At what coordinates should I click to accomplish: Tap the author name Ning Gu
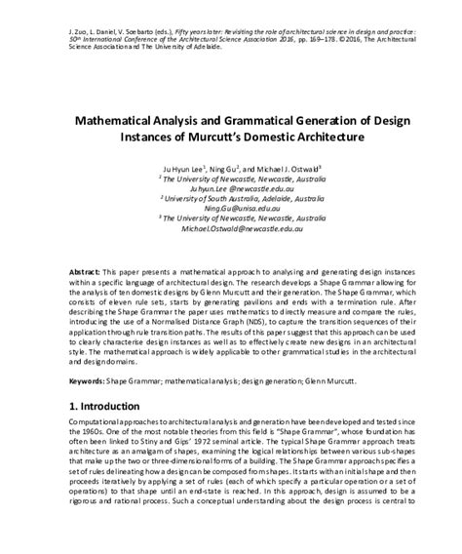coord(237,170)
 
